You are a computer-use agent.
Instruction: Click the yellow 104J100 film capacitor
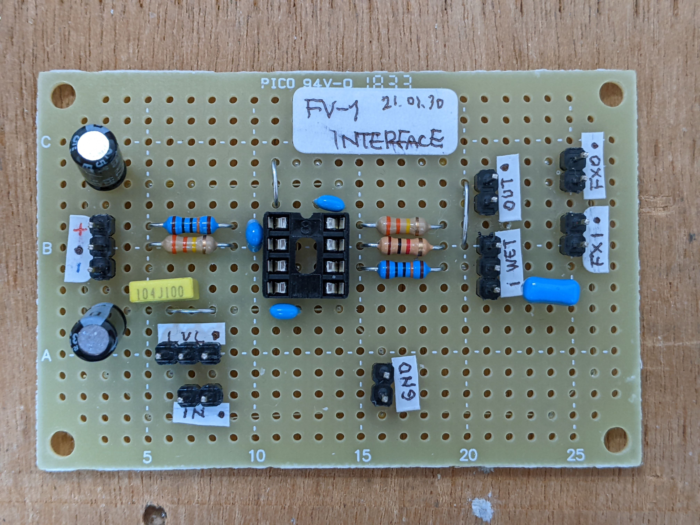point(164,290)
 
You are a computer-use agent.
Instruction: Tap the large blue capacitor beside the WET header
point(551,290)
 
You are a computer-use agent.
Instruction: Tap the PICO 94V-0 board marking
point(306,83)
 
